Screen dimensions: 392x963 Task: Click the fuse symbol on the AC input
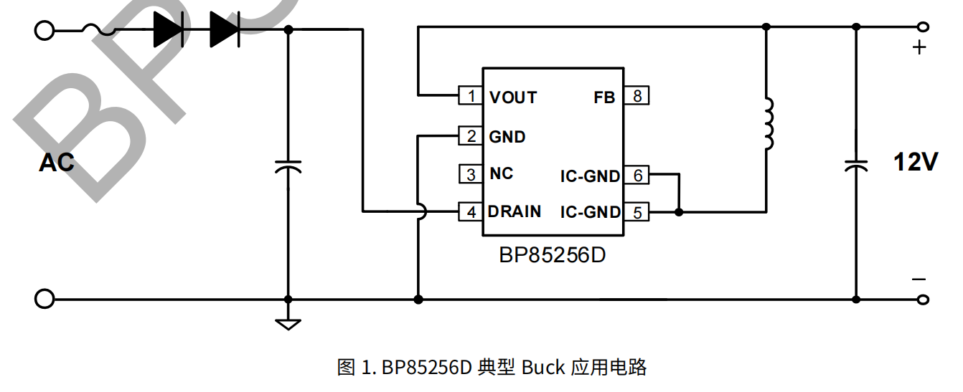coord(98,30)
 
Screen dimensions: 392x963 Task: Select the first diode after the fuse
coord(167,30)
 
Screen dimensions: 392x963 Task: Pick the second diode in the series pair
coord(224,30)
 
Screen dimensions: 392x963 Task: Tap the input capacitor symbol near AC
coord(288,167)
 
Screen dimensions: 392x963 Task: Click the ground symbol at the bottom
coord(288,323)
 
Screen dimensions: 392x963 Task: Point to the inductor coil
coord(768,124)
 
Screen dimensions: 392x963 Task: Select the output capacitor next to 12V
coord(856,165)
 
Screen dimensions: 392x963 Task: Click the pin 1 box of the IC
coord(471,96)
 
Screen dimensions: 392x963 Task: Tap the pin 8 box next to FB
coord(636,96)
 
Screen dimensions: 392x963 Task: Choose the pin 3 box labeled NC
coord(471,174)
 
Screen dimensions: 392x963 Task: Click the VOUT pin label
coord(513,97)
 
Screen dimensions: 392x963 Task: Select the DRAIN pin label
coord(515,212)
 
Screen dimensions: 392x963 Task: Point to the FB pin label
coord(604,97)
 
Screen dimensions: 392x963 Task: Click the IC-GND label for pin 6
coord(590,176)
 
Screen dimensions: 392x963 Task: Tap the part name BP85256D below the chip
coord(553,255)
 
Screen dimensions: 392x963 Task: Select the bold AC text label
coord(56,163)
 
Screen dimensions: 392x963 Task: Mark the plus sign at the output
coord(919,48)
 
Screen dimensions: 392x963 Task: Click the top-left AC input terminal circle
coord(44,30)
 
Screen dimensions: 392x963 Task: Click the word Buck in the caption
coord(543,368)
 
